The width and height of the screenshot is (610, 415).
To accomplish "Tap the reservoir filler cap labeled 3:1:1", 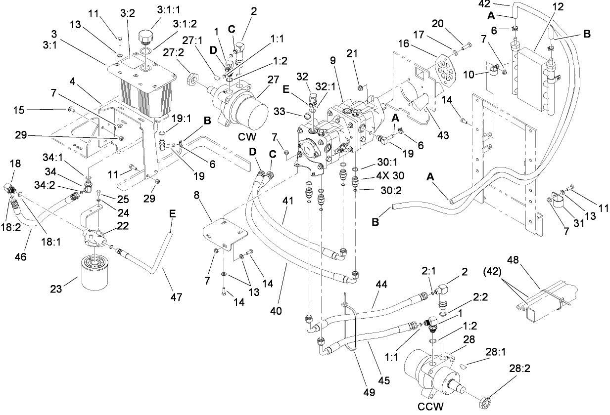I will [147, 37].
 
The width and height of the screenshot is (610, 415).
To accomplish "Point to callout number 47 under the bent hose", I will [176, 297].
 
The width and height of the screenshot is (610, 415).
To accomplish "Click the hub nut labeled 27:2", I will [191, 80].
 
